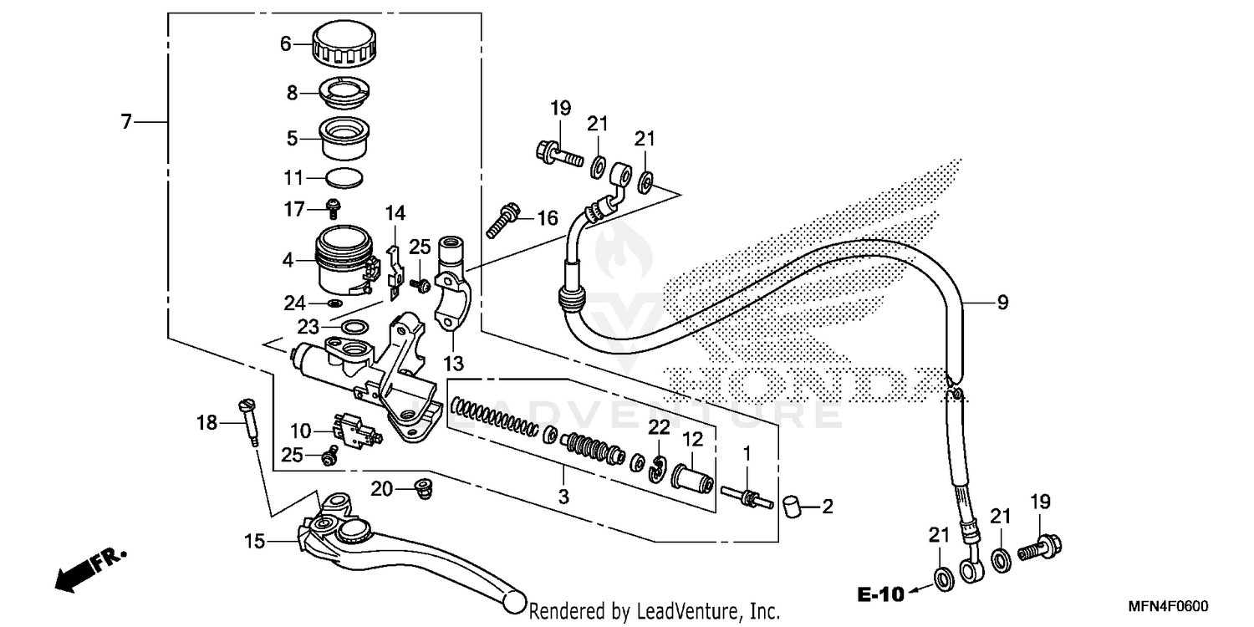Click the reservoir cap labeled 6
[345, 46]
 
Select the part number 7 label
[126, 122]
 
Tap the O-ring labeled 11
[344, 177]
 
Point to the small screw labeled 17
[333, 206]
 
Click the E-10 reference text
[881, 595]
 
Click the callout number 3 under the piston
[563, 497]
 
